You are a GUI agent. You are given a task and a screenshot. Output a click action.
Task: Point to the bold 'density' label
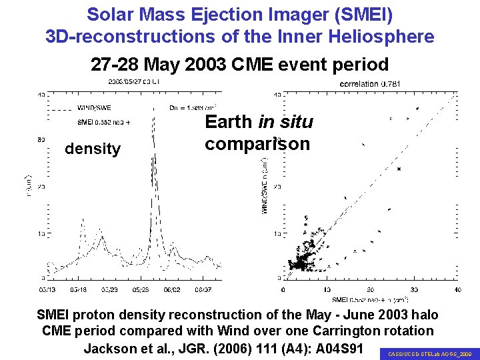tap(93, 149)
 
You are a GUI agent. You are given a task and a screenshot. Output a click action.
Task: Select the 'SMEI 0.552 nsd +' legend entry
tap(103, 122)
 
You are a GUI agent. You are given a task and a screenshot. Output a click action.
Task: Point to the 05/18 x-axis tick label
tap(79, 289)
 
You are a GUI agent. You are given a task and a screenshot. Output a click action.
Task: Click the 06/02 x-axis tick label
tap(172, 289)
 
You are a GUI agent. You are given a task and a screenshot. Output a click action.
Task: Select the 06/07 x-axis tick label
tap(203, 289)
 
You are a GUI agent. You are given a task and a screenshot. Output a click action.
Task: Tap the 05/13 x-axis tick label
tap(48, 289)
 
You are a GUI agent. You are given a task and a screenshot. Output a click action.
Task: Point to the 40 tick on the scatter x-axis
tap(458, 289)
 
